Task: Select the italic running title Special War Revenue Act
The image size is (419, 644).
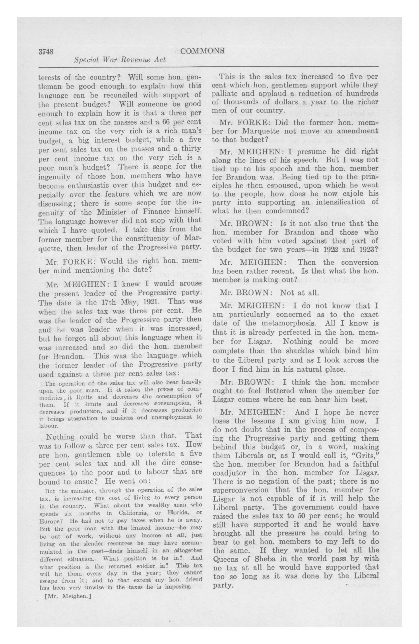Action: click(x=120, y=60)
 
